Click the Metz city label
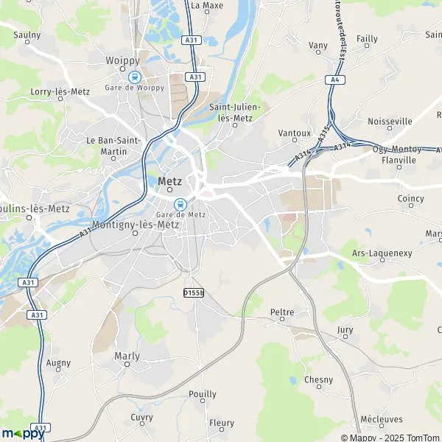pos(171,181)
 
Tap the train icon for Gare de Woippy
pos(134,76)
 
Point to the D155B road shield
pos(193,292)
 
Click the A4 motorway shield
pos(335,80)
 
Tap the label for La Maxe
pos(207,5)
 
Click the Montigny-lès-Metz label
pos(134,224)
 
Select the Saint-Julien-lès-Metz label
pos(235,111)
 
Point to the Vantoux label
pos(295,133)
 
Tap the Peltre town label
pos(282,312)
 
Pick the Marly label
pos(127,356)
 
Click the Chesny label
pos(318,380)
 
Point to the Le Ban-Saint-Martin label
pos(112,145)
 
